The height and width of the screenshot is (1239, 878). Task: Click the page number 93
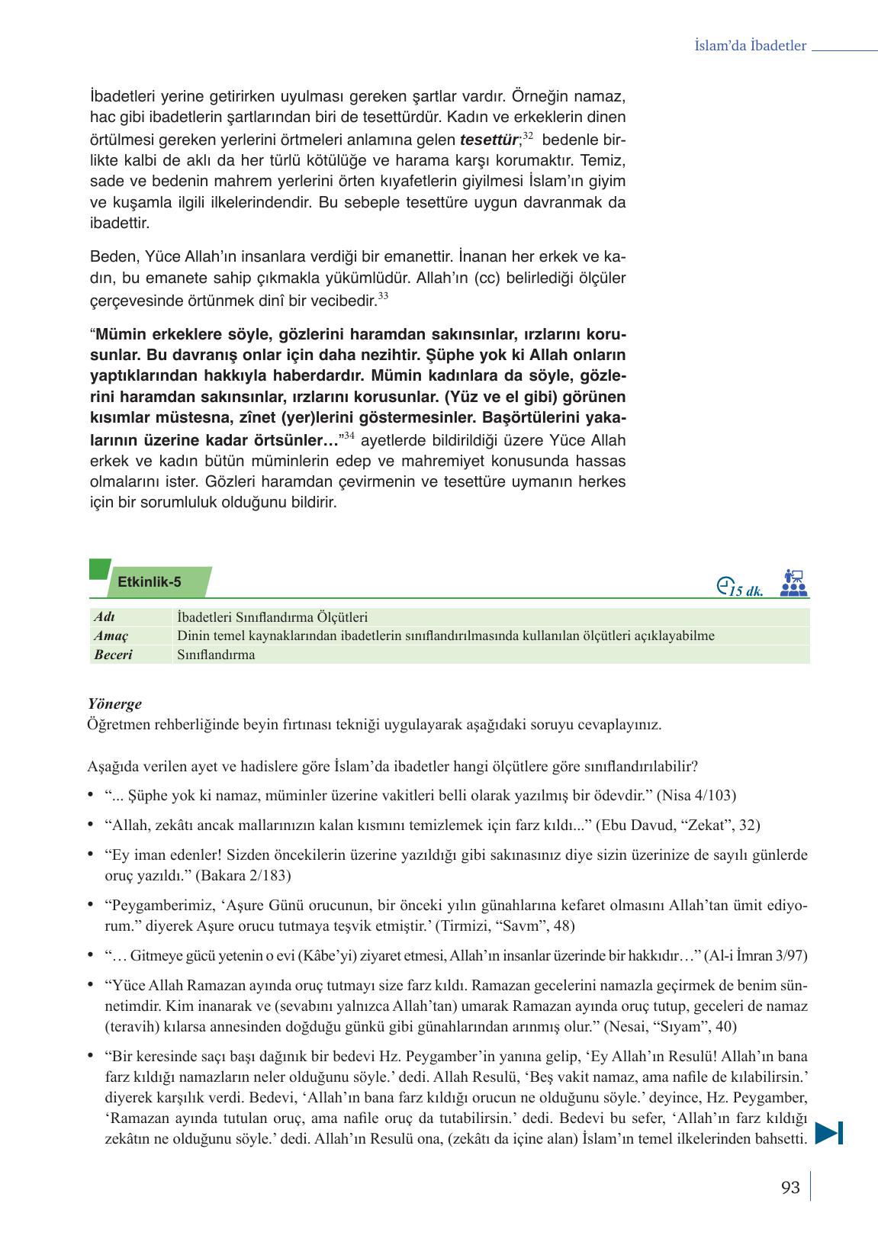[x=790, y=1188]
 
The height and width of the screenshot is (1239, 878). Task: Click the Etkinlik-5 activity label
[x=150, y=582]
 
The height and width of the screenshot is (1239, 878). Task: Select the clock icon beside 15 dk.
[x=725, y=585]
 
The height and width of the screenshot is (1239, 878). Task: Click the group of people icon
[x=794, y=582]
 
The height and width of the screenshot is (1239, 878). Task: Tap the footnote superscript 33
[x=383, y=296]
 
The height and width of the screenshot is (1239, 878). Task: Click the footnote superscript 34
[x=349, y=436]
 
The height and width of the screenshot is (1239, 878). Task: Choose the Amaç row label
[x=111, y=636]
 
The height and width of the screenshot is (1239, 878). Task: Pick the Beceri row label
[x=113, y=655]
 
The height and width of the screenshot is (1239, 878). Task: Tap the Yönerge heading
[x=114, y=704]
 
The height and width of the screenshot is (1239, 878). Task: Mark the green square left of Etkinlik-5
[x=99, y=570]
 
